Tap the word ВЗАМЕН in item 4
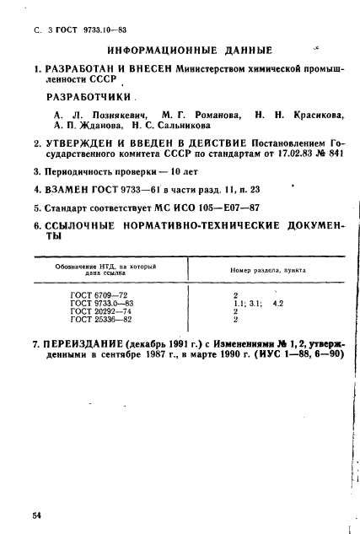pyautogui.click(x=55, y=190)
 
